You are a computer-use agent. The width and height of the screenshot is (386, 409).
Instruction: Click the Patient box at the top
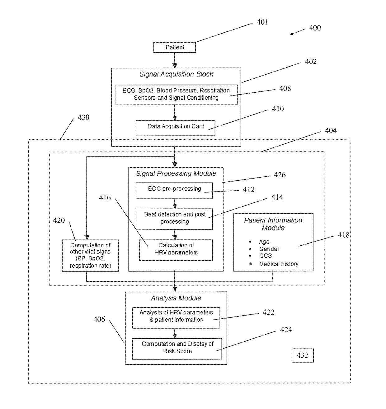[x=174, y=47]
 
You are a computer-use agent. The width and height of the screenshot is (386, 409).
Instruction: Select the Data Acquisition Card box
[x=175, y=128]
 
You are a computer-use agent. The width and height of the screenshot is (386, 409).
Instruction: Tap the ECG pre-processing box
[x=174, y=190]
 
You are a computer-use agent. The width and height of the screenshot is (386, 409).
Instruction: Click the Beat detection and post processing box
[x=174, y=219]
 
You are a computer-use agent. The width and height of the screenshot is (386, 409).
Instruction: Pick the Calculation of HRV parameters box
[x=176, y=250]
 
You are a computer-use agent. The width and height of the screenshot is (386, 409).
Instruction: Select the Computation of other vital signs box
[x=90, y=255]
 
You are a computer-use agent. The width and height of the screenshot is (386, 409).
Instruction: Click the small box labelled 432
[x=303, y=355]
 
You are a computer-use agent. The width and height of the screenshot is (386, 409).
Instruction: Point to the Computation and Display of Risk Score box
[x=177, y=349]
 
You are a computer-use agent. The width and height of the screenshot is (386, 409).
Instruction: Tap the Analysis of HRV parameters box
[x=176, y=318]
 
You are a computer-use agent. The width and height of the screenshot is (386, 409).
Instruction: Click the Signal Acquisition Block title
[x=176, y=74]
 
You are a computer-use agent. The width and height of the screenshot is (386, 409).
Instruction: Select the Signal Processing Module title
[x=176, y=174]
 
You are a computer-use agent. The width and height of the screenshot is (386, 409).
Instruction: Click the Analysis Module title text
[x=176, y=298]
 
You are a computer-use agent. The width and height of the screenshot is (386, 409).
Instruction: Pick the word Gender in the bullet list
[x=269, y=249]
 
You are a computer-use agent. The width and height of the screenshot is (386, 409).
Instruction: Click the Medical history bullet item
[x=279, y=264]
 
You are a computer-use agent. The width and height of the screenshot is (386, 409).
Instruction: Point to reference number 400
[x=315, y=28]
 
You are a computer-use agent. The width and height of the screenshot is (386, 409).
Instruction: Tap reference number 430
[x=83, y=117]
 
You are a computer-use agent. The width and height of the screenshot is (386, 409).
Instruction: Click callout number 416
[x=105, y=198]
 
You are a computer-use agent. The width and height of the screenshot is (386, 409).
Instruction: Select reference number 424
[x=286, y=330]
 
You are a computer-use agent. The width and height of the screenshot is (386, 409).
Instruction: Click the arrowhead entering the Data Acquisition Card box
[x=175, y=118]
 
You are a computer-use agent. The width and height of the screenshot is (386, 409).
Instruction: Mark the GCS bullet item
[x=265, y=256]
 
